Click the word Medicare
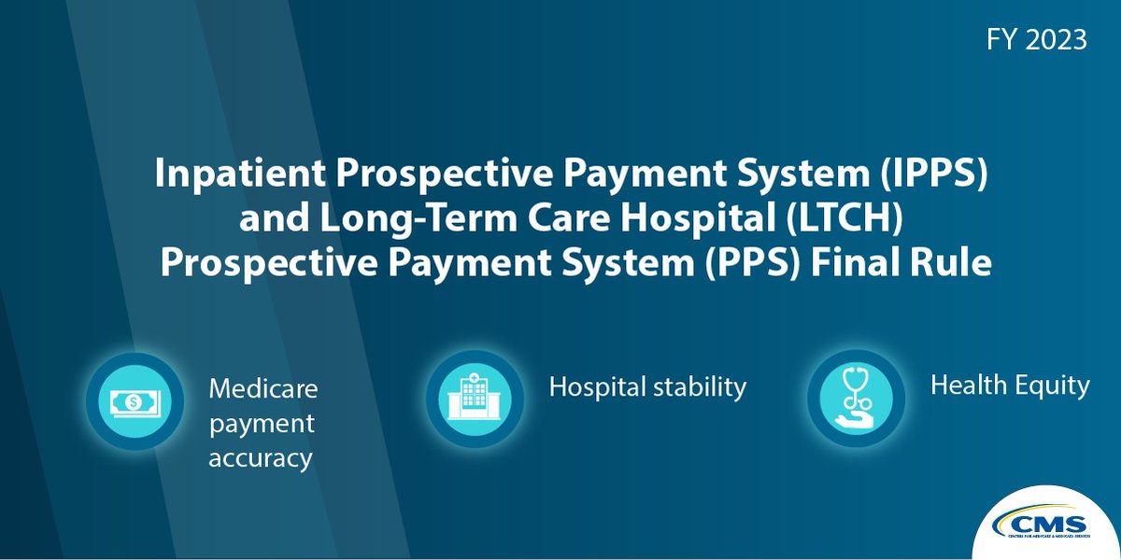(263, 387)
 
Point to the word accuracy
(261, 458)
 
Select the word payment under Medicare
(262, 424)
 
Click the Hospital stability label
(647, 386)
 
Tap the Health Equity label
(1010, 385)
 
